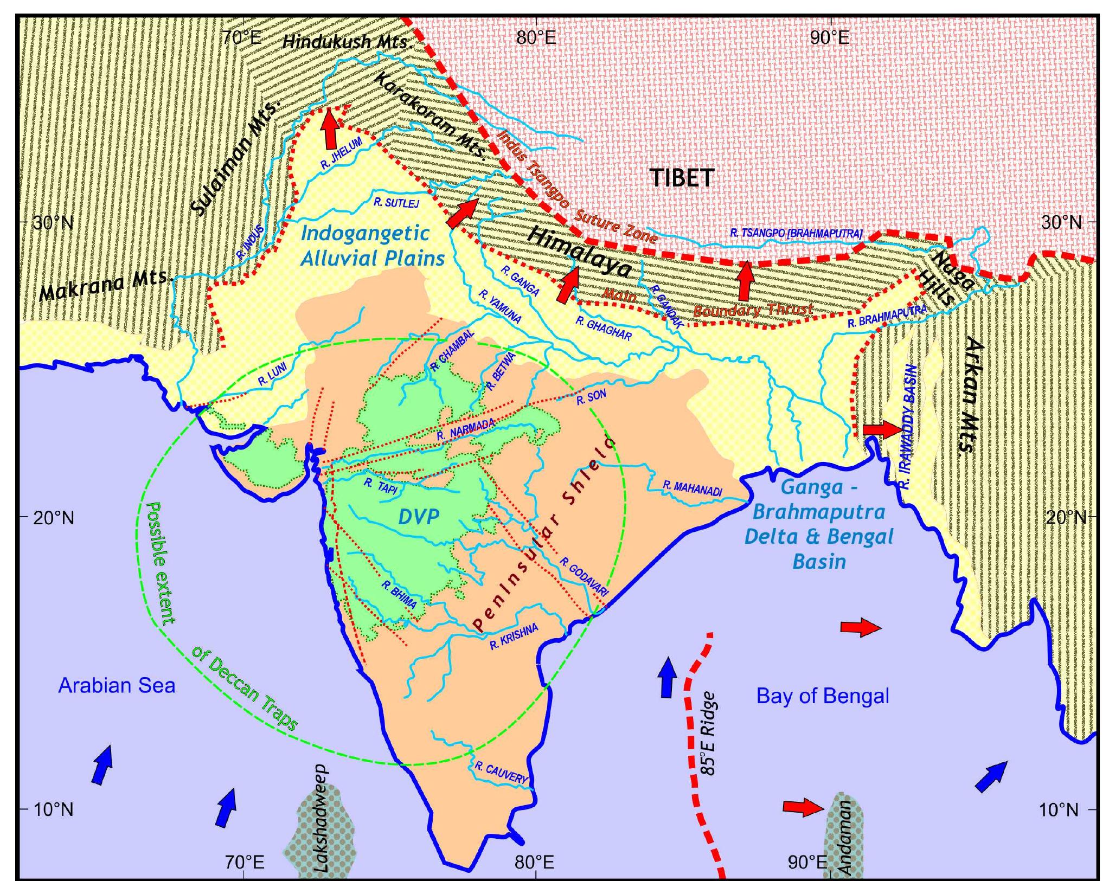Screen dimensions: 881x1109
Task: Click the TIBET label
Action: pos(682,178)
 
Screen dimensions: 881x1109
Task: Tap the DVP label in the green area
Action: pos(418,517)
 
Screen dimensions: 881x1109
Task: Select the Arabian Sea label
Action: pos(117,686)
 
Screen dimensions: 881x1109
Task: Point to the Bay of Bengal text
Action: pos(823,696)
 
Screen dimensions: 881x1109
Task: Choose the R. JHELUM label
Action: pos(341,154)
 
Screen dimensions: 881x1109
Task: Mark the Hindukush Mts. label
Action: pos(346,41)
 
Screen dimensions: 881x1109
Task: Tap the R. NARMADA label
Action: pos(465,430)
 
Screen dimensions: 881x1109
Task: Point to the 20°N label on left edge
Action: pos(53,518)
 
